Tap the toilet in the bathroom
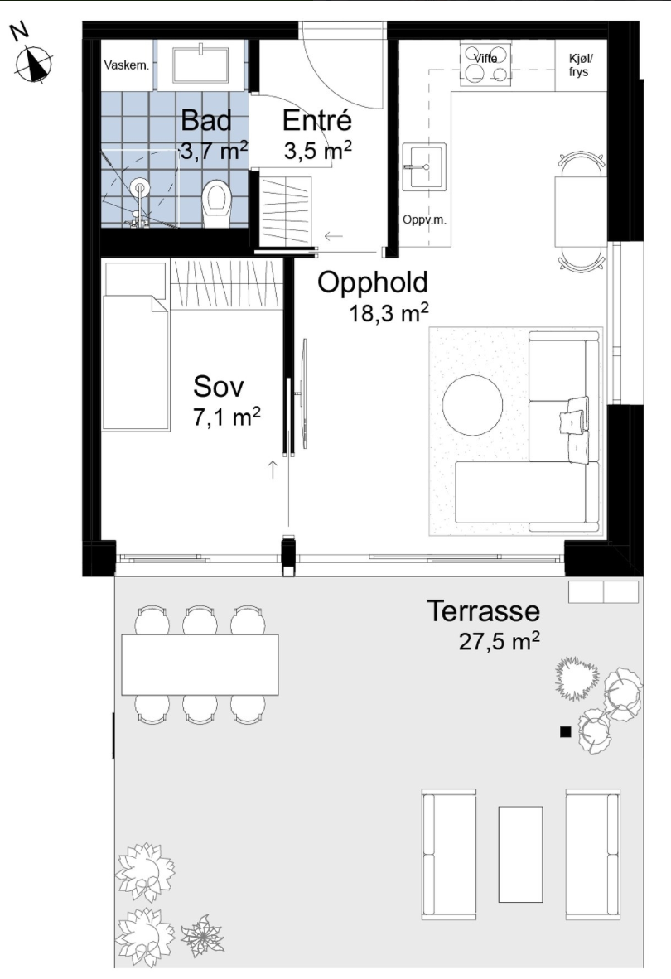click(216, 204)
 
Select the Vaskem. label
click(127, 65)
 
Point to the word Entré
click(316, 120)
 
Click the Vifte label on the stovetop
click(485, 58)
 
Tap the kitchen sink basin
click(423, 166)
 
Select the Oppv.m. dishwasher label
click(424, 219)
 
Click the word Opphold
click(373, 282)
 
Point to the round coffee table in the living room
click(472, 404)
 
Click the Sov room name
click(219, 387)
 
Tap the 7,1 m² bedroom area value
click(227, 417)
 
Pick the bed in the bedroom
click(136, 346)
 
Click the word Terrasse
click(483, 610)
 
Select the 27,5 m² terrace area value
click(500, 641)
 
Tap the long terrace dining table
click(200, 665)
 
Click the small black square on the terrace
click(566, 732)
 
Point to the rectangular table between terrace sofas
click(520, 854)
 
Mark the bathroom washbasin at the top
click(202, 65)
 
